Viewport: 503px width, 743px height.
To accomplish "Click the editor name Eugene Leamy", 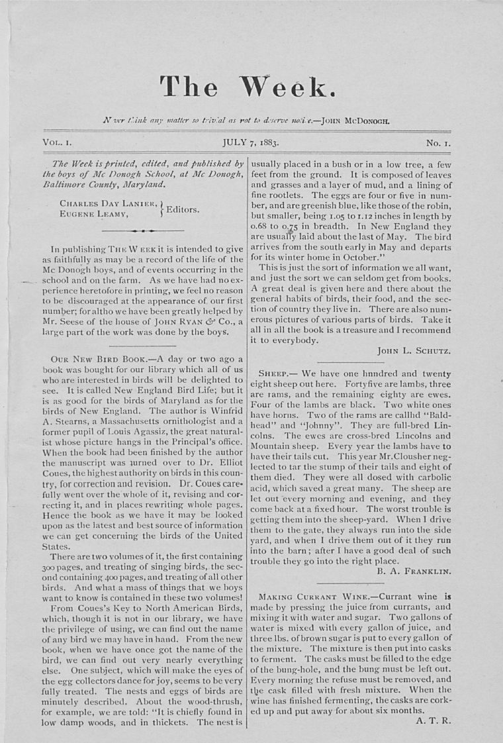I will tap(92, 214).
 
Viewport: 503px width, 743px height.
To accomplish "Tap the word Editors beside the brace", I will tap(183, 209).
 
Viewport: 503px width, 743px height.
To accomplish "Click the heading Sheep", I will tap(271, 373).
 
